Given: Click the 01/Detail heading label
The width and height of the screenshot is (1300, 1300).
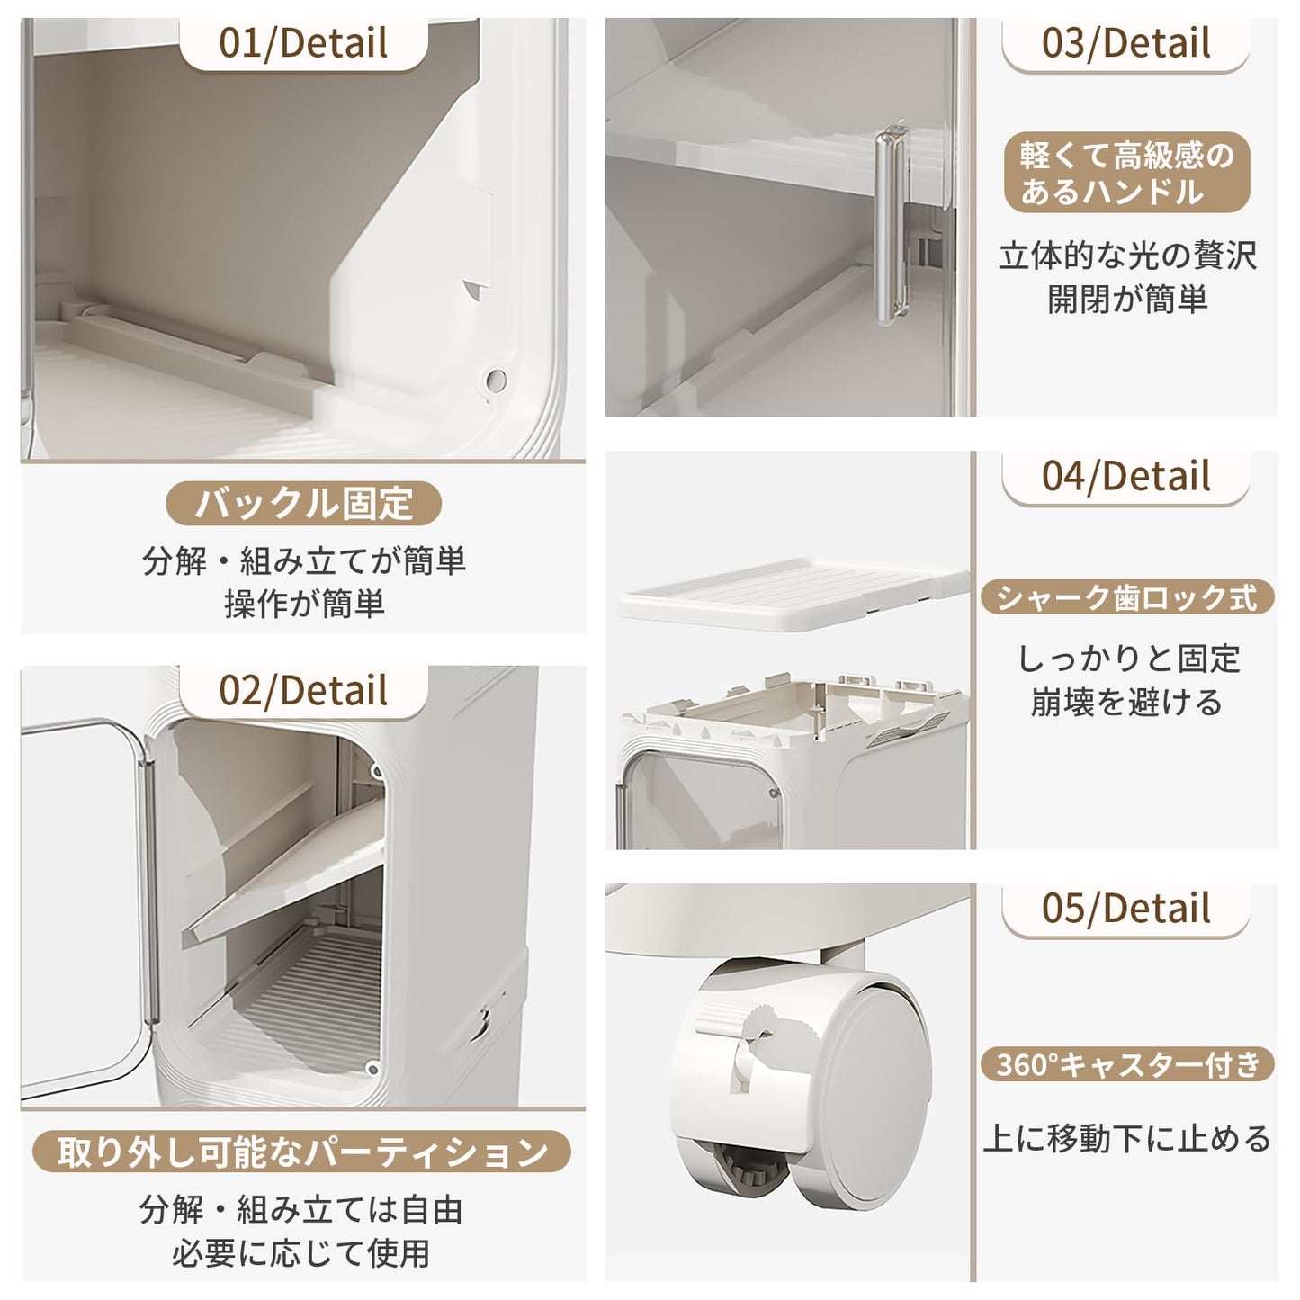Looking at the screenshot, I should coord(303,43).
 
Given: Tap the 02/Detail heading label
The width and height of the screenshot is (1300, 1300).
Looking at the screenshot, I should coord(303,691).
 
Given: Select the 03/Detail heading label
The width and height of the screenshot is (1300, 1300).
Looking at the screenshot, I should coord(1126,43).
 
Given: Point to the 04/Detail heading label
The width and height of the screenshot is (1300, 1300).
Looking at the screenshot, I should coord(1126,476).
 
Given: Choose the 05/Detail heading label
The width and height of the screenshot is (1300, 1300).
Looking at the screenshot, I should coord(1126,909).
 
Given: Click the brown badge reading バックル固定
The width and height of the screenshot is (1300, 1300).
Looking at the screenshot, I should coord(303,503).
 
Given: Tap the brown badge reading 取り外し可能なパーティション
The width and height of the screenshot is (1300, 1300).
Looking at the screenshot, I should coord(302,1152).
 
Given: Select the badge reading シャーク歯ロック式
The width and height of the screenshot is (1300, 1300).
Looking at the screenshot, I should coord(1126,598).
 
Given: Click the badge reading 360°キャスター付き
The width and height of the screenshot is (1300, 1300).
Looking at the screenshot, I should coord(1127,1065).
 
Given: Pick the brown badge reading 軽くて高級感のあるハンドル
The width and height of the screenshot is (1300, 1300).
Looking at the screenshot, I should coord(1126,174).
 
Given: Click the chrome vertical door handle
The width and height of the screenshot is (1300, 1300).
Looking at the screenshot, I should coord(888,225).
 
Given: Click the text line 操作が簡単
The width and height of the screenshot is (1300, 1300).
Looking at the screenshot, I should coord(304,604).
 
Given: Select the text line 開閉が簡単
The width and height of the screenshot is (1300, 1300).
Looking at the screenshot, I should coord(1126,300).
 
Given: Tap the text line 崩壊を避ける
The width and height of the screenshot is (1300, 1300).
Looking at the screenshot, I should coord(1126,702).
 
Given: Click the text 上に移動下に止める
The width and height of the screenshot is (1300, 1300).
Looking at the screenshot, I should coord(1126,1138).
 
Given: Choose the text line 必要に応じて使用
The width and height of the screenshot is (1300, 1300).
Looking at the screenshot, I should coord(301,1252).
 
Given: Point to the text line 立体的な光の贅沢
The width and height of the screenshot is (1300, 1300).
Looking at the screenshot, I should coord(1126,256).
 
